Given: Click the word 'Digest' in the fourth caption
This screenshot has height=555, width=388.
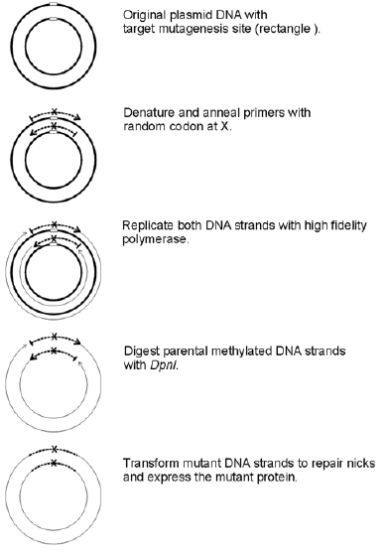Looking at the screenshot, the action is (x=141, y=351).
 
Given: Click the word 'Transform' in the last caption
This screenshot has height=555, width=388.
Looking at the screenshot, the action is (x=151, y=463).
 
